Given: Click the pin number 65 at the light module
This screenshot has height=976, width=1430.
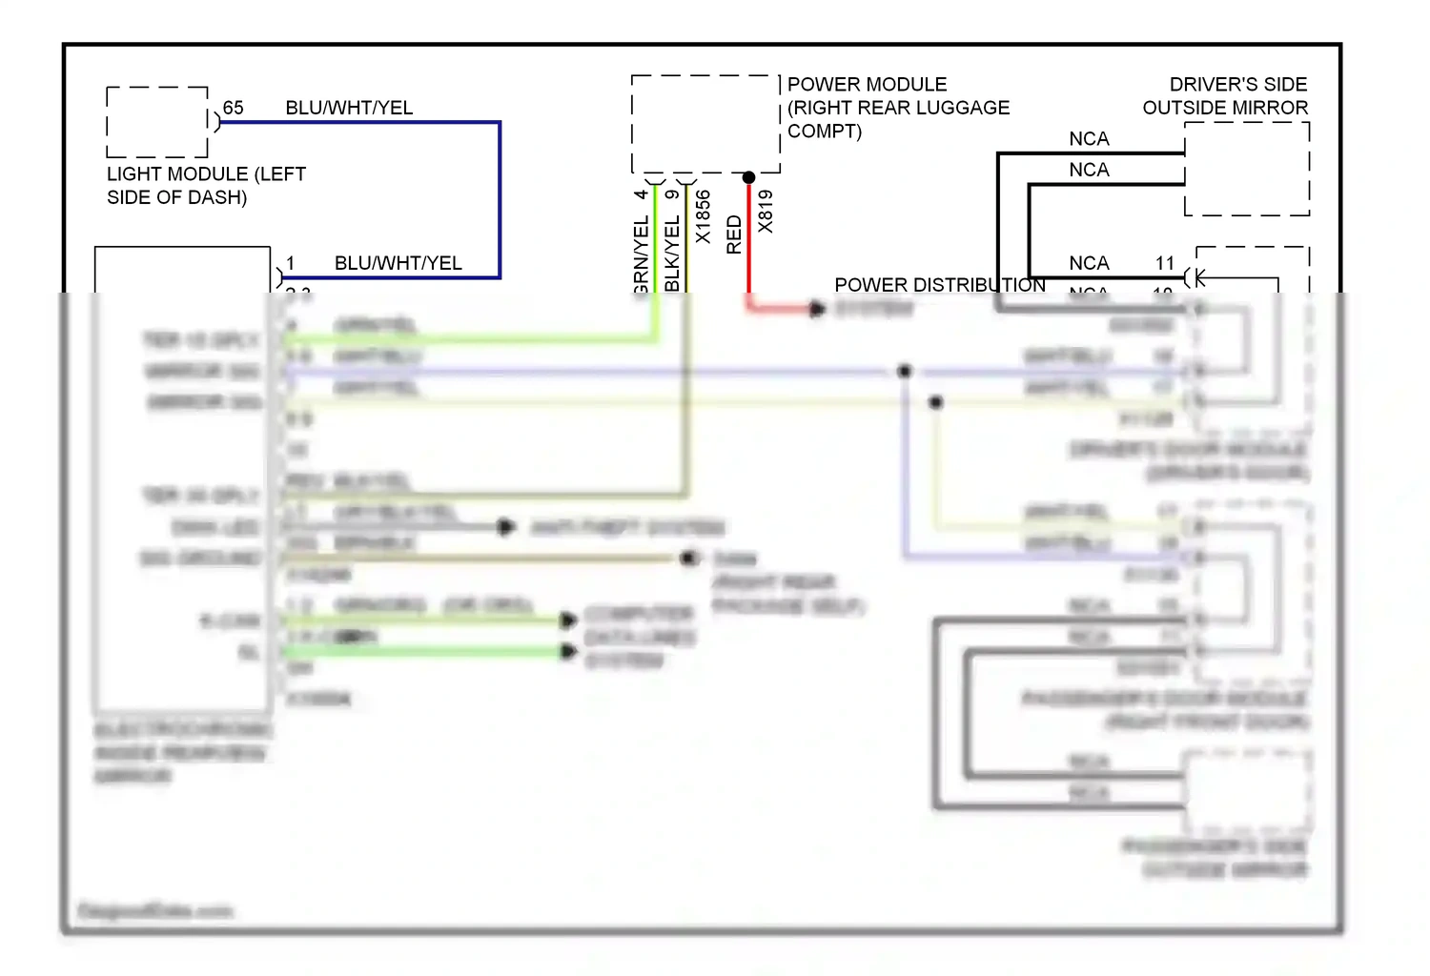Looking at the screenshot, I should click(x=233, y=108).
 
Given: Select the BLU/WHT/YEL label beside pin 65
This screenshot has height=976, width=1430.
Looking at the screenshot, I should click(x=349, y=108).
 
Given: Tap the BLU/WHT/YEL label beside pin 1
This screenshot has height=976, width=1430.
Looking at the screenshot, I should click(x=398, y=263).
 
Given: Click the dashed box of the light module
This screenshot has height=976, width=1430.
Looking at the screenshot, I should click(x=157, y=122).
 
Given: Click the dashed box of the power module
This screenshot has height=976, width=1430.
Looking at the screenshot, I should click(x=705, y=124).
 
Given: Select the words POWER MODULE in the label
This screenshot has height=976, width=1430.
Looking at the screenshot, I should click(x=867, y=85).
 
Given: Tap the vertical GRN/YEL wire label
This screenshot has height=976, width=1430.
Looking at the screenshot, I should click(x=642, y=254).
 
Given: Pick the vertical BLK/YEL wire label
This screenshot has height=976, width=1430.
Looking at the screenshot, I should click(x=672, y=253).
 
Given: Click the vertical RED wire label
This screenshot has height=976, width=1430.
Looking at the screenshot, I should click(x=734, y=234).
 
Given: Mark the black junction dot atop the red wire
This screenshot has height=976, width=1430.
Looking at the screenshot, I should click(x=748, y=177).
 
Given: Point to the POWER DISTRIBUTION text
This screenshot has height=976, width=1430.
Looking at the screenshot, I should click(x=939, y=285).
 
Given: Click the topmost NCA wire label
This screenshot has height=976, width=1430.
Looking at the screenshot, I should click(x=1089, y=139).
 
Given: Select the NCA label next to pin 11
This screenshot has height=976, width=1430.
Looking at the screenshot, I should click(x=1089, y=263).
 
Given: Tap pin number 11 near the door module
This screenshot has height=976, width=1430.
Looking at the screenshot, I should click(x=1165, y=263).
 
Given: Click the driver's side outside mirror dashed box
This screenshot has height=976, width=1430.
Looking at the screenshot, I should click(x=1247, y=169).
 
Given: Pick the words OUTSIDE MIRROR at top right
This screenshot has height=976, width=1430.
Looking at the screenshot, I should click(x=1225, y=108).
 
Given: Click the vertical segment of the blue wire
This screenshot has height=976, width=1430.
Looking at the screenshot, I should click(x=500, y=200).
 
